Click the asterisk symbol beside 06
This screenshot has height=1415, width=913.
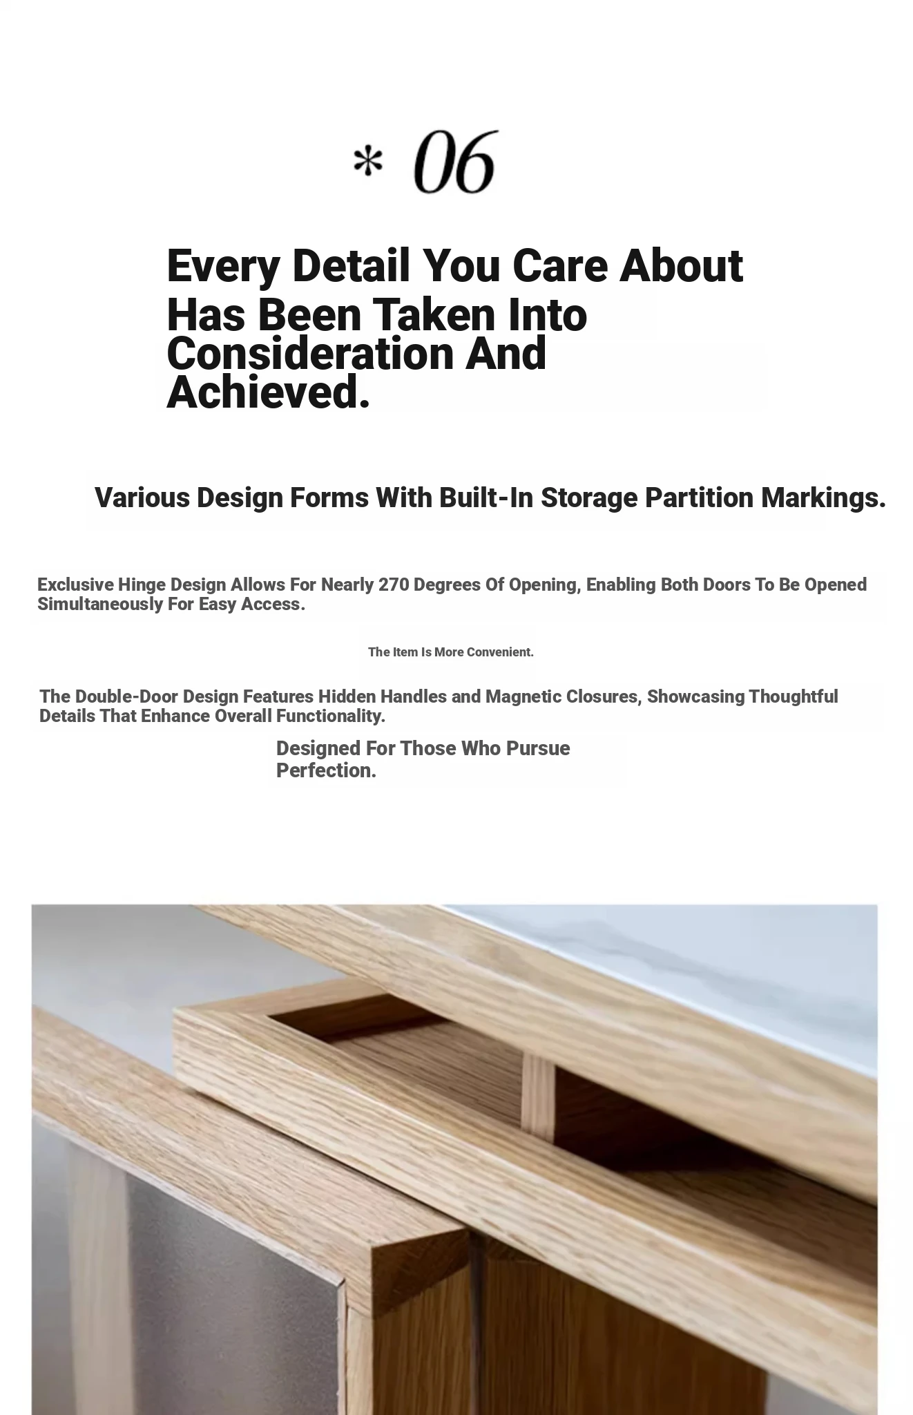tap(367, 164)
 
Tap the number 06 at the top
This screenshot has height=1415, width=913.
tap(455, 162)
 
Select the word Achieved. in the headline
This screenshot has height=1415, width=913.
tap(268, 392)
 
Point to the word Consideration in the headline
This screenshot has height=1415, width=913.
tap(309, 353)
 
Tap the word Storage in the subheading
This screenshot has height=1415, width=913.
tap(588, 497)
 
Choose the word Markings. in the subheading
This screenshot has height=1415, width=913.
tap(823, 497)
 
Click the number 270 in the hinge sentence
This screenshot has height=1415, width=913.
tap(394, 585)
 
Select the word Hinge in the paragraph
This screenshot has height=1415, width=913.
tap(142, 585)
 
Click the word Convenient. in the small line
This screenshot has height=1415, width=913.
tap(500, 652)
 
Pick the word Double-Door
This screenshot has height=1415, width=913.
tap(126, 696)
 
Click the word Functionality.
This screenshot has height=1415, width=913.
tap(330, 716)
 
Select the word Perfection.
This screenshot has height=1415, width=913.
tap(326, 770)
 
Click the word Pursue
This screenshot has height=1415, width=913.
tap(538, 748)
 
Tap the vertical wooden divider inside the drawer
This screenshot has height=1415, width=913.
tap(538, 1099)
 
